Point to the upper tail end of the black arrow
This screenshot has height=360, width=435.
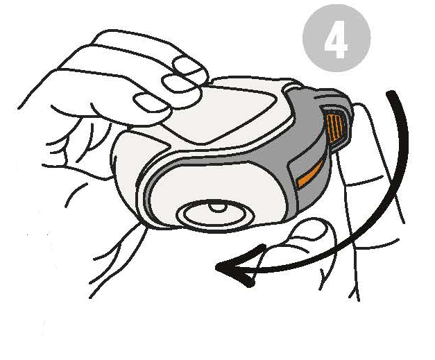pos(391,93)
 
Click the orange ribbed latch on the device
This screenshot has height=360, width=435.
pos(334,128)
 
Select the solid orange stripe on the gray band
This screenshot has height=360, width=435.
pos(311,174)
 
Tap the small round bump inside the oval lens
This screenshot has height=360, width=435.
pos(217,207)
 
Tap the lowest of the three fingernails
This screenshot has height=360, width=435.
pos(152,103)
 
